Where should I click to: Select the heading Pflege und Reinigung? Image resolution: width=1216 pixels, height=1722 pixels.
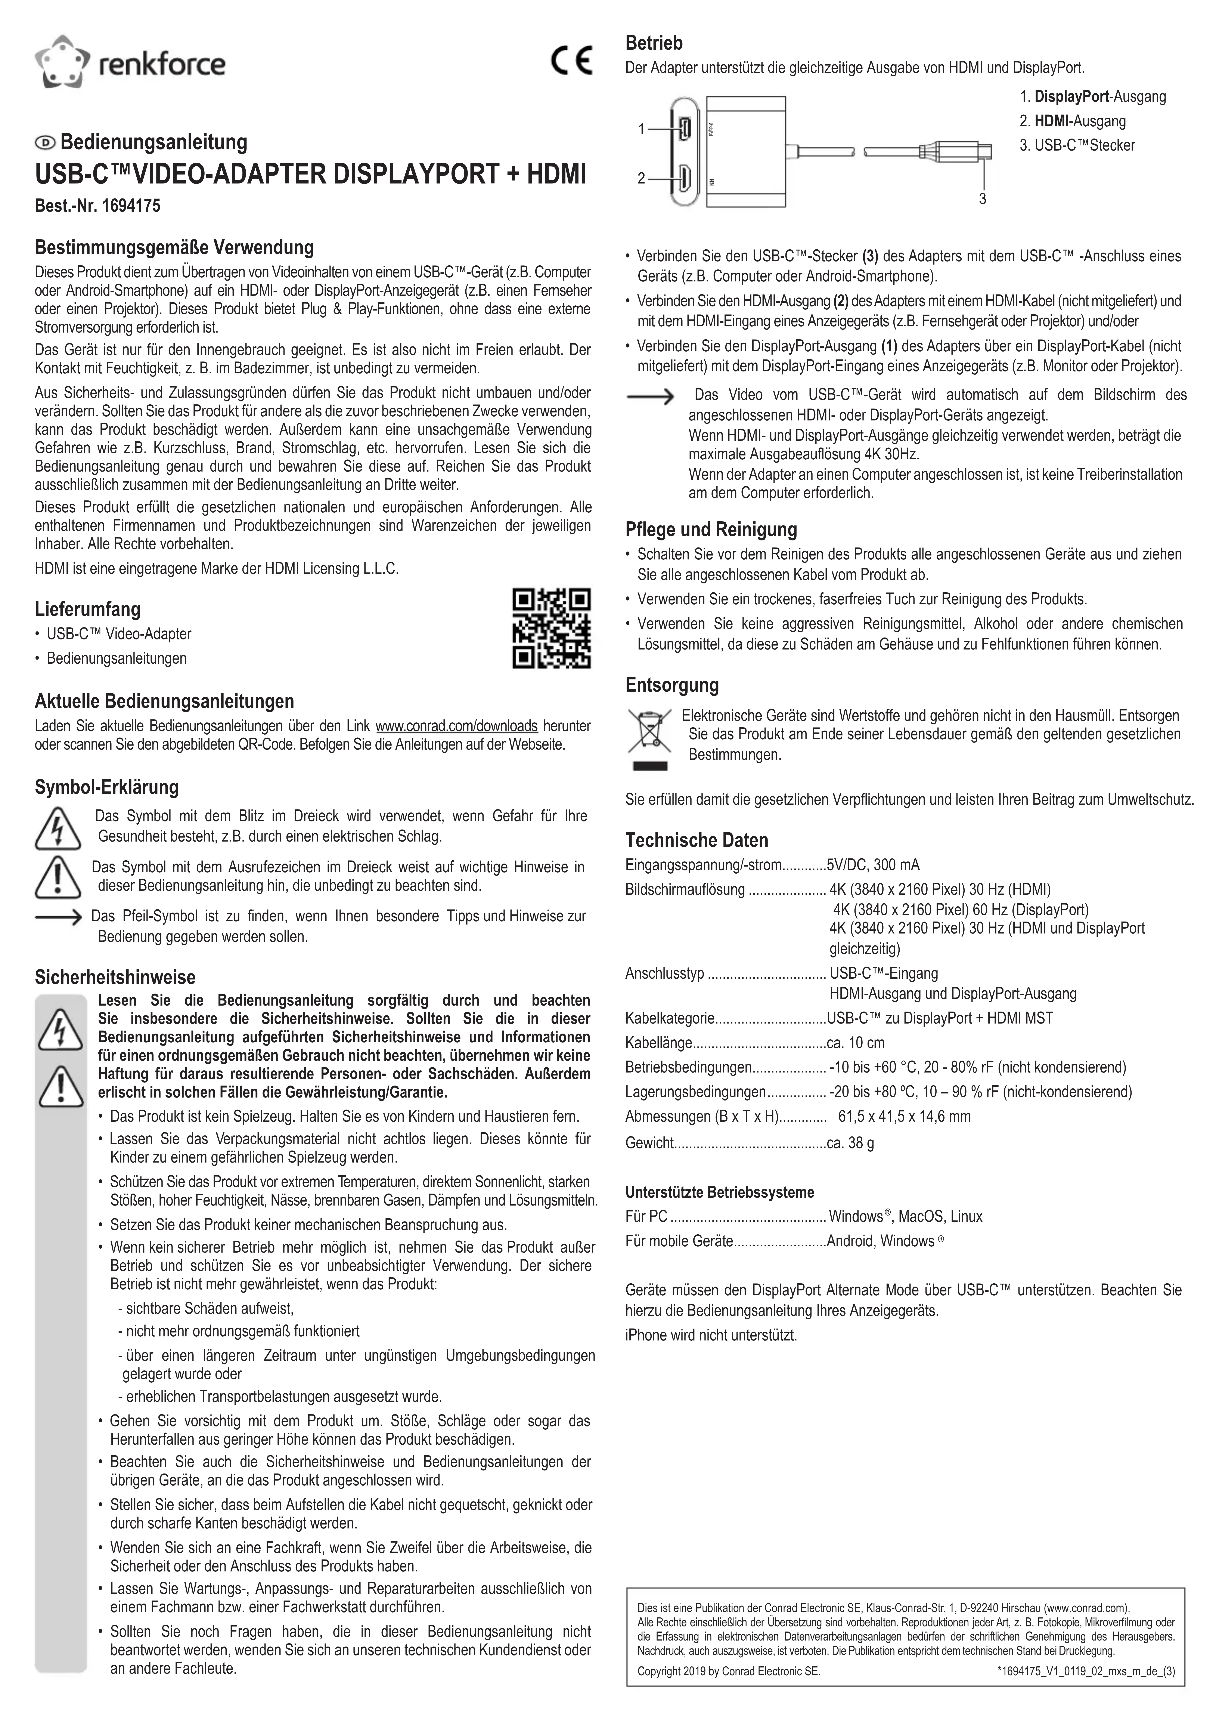(711, 530)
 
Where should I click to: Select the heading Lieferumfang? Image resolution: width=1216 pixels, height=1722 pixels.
(88, 609)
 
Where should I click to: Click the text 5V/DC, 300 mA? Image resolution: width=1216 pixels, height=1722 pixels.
(873, 865)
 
